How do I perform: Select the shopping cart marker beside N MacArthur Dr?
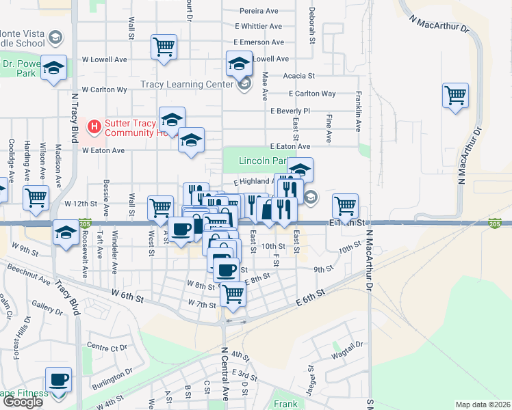[455, 95]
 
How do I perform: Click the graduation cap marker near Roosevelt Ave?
[66, 232]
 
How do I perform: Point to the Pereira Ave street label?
[259, 11]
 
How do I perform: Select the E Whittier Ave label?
[258, 27]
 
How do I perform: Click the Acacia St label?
[301, 76]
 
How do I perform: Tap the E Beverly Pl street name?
[290, 111]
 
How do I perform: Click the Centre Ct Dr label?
[108, 348]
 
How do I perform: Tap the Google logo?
[23, 402]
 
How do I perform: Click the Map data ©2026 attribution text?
[483, 405]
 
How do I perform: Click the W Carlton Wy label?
[104, 90]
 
